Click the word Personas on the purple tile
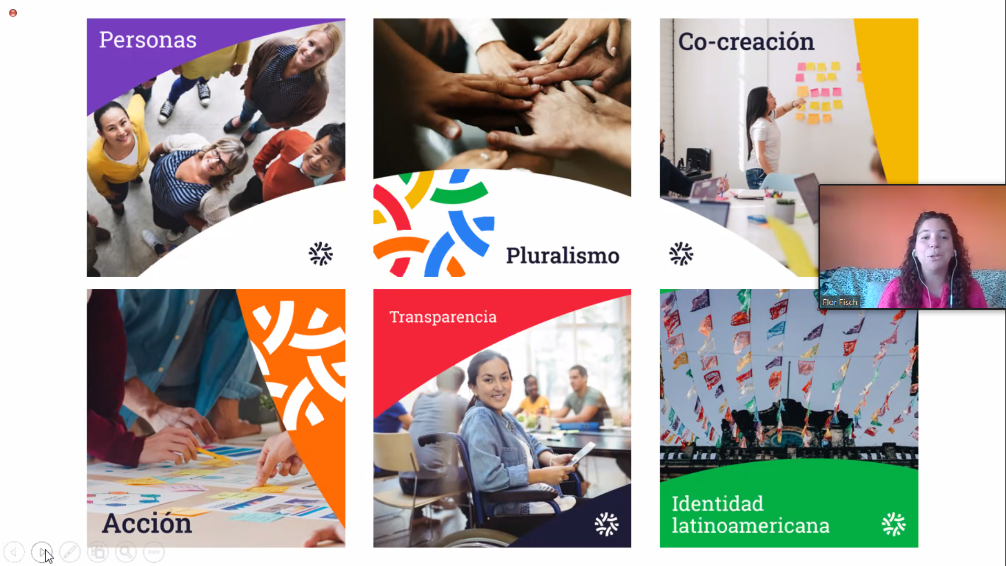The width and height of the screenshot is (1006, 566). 148,40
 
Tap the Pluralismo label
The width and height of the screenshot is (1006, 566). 562,256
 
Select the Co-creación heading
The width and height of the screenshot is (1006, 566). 746,41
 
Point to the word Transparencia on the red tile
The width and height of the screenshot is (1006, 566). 443,317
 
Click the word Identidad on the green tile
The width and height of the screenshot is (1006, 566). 717,504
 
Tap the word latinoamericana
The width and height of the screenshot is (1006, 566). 750,526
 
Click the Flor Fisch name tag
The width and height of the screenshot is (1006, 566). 839,302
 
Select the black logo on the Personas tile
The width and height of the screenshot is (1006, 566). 321,254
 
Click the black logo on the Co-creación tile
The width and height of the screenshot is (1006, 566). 681,254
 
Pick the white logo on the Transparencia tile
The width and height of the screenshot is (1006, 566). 607,524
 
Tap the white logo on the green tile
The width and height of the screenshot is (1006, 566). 894,524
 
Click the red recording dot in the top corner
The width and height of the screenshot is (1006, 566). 13,13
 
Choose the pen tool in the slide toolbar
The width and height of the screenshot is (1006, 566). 70,552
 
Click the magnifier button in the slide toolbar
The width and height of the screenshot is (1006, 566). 126,552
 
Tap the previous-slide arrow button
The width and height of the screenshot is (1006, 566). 14,552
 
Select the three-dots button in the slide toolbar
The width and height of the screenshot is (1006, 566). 154,552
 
